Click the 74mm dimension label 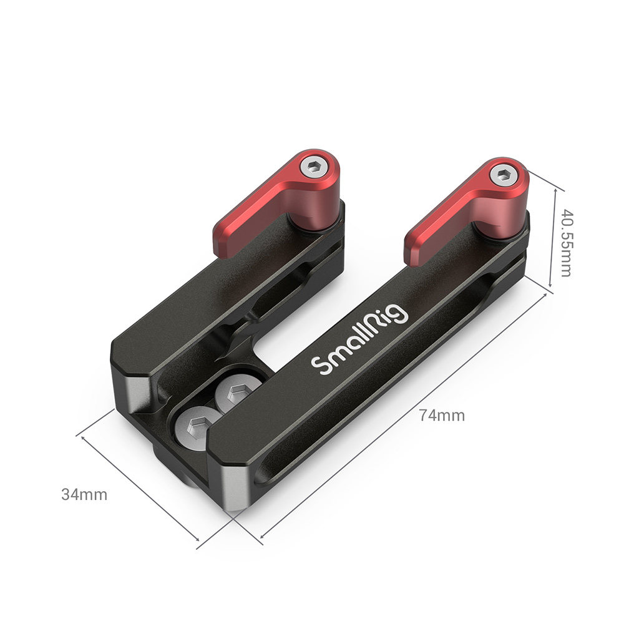442,416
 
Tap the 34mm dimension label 84,495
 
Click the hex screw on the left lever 314,165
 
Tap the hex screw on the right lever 503,175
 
